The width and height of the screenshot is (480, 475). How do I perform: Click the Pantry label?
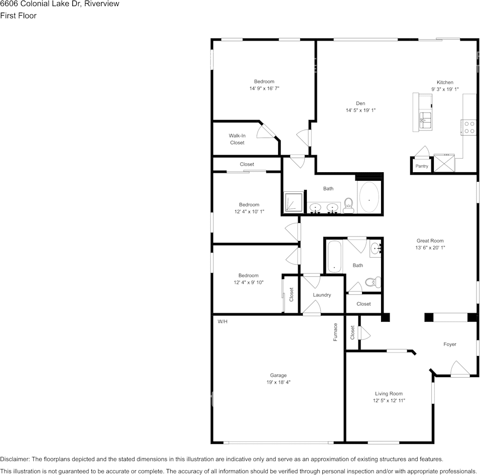pos(422,166)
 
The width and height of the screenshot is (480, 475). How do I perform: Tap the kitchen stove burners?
pos(469,127)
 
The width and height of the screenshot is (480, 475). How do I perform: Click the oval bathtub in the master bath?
pos(370,198)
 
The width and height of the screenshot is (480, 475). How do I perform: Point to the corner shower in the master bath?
pos(293,203)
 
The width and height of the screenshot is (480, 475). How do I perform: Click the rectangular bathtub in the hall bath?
pos(334,256)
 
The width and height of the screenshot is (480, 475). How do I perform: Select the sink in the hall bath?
pos(376,248)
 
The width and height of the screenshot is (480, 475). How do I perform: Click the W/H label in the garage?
pos(222,321)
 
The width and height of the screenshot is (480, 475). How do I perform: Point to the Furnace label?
pos(335,332)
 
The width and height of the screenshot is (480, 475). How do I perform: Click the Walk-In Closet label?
pos(237,139)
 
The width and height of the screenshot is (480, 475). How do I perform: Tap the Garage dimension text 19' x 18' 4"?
pos(278,382)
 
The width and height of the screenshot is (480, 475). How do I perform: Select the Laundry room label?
pos(322,295)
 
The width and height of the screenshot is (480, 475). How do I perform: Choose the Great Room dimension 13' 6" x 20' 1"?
pos(430,248)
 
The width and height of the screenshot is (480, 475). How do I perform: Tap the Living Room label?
pos(389,394)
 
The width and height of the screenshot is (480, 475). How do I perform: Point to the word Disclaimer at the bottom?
pos(15,459)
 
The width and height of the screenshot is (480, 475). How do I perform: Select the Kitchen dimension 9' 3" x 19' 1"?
pos(445,89)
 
